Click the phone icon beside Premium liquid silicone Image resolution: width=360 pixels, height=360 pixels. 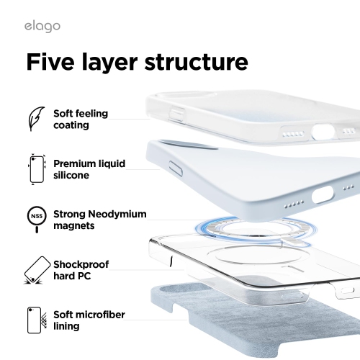tap(35, 170)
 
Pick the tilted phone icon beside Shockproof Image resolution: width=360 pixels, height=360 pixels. tap(35, 270)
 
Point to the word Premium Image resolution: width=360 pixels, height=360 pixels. tap(76, 163)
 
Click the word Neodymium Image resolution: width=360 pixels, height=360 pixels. tap(122, 214)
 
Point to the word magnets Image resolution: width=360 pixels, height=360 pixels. tap(75, 226)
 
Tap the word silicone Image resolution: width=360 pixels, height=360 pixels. tap(73, 176)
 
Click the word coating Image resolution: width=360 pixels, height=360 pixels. tap(71, 125)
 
